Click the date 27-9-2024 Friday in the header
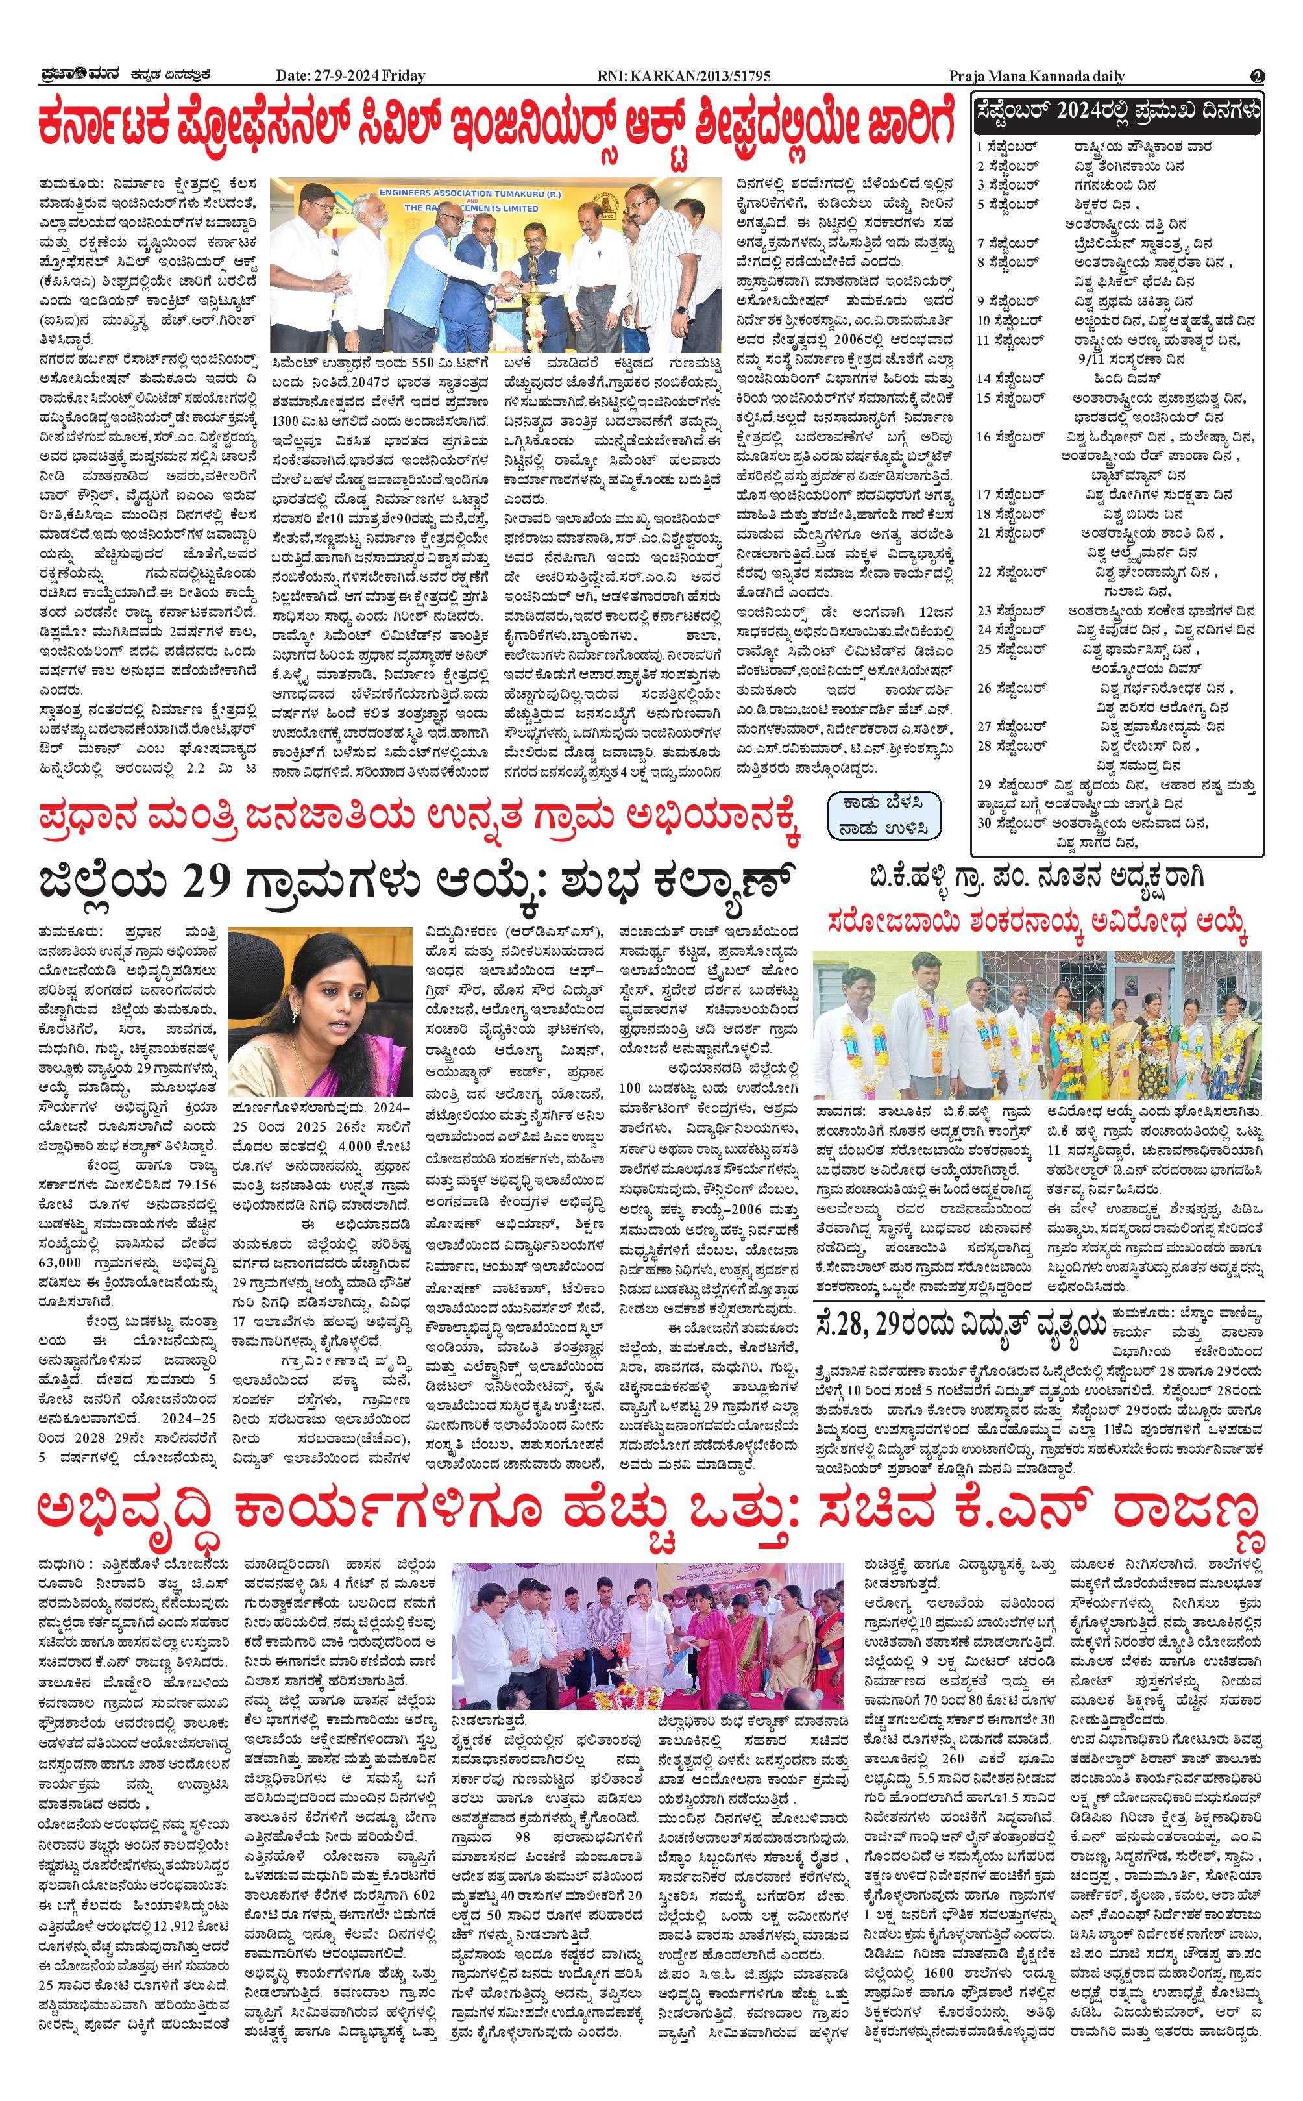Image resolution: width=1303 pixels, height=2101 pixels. [351, 76]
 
